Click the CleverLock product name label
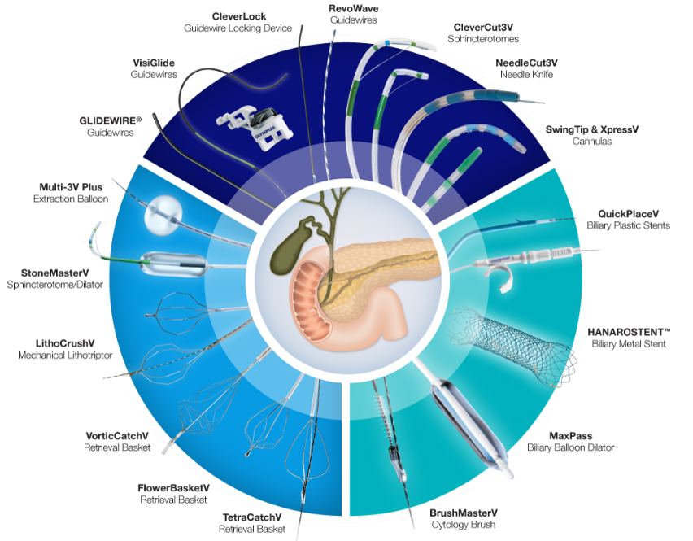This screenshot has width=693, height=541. coord(238,16)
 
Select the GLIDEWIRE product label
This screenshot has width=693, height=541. coord(111,120)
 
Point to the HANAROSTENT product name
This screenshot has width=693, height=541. coord(629,332)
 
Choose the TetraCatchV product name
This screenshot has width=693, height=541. coord(252,517)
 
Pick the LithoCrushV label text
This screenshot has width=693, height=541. coord(59,343)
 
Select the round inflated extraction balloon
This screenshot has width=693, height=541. coord(160,213)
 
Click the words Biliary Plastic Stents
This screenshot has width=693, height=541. coord(628,225)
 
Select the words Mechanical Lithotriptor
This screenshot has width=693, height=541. coord(65,356)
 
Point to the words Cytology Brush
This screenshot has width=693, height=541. coord(463,526)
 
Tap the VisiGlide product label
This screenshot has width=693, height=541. coord(154,62)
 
